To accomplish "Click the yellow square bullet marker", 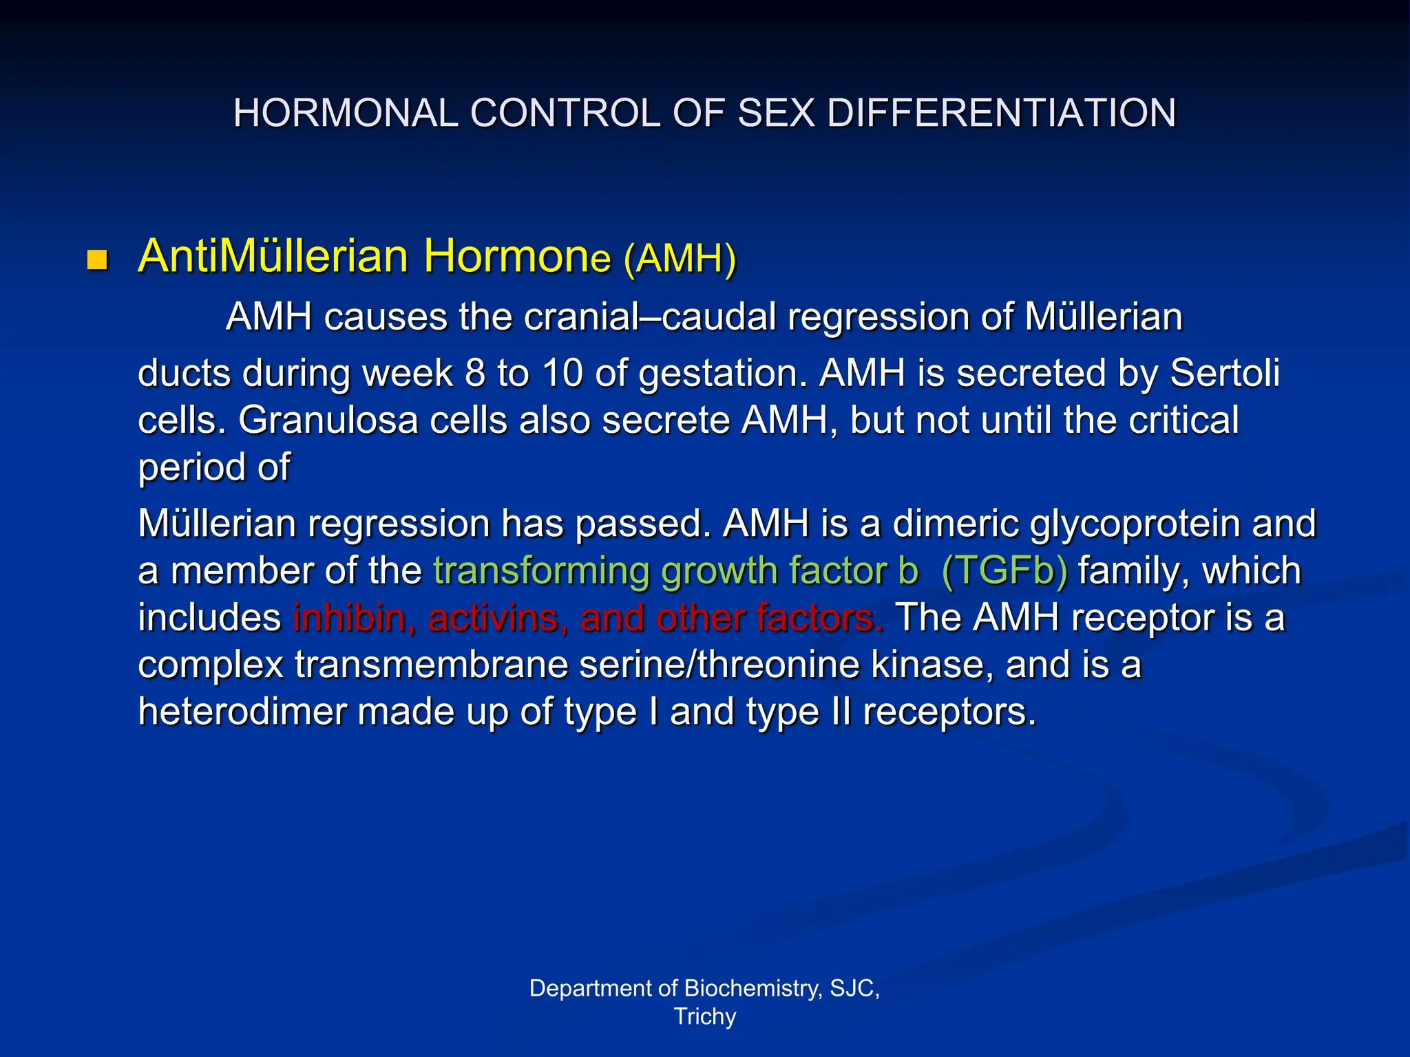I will [98, 260].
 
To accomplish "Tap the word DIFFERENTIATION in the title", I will [1001, 113].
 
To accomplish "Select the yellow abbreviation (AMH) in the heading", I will [680, 259].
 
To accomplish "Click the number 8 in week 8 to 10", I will [475, 374].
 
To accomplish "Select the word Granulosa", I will [328, 420].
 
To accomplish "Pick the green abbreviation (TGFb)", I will [1004, 571].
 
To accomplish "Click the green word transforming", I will [541, 571].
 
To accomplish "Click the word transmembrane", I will [431, 665].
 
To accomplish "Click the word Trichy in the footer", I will [705, 1016].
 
